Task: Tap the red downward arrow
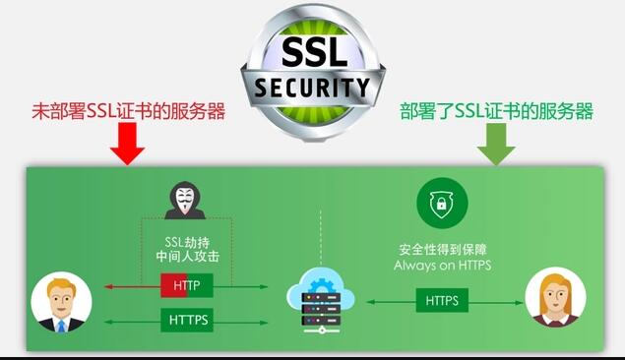coord(127,144)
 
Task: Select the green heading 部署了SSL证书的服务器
coord(496,110)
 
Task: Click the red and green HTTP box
coord(187,286)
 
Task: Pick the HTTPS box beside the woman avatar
coord(441,299)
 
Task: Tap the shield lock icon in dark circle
coord(442,203)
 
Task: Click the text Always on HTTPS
coord(442,265)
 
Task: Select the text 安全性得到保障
coord(442,249)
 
